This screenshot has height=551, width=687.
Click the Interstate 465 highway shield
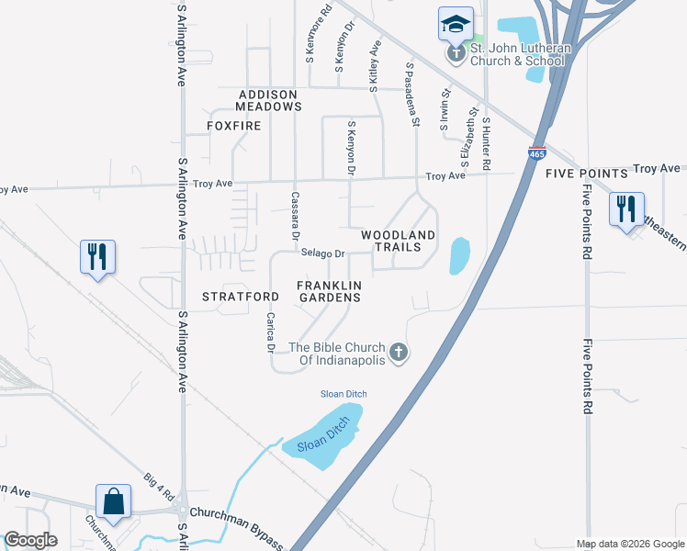tap(538, 152)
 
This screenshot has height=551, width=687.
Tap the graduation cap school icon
tap(455, 25)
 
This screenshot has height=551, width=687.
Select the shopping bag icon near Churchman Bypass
tap(114, 501)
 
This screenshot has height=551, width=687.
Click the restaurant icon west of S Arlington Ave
tap(98, 256)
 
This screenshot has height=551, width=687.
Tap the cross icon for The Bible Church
tap(399, 352)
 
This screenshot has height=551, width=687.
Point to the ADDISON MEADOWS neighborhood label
tap(269, 101)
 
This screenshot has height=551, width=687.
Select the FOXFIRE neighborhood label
tap(233, 125)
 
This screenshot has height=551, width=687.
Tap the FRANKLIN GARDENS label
tap(329, 291)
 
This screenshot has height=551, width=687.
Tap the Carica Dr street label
tap(270, 332)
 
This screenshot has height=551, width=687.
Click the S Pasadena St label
tap(412, 95)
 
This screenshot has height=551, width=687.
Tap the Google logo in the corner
tap(30, 539)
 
